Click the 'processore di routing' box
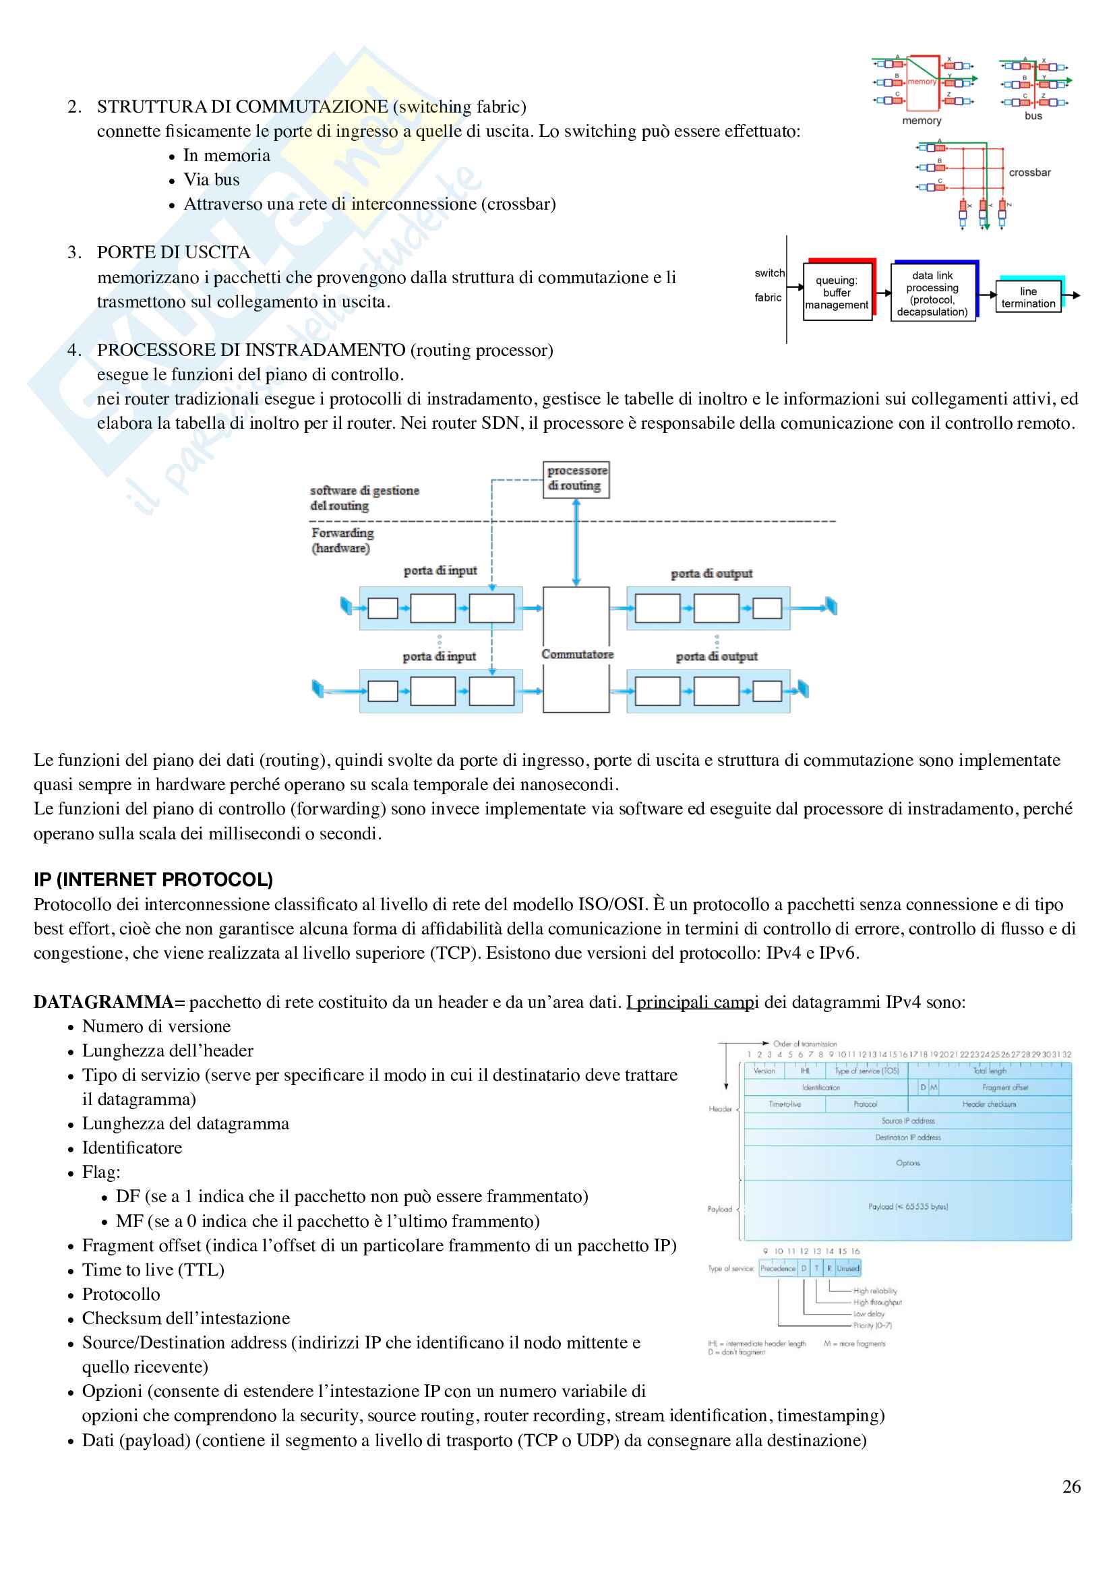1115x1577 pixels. click(x=576, y=479)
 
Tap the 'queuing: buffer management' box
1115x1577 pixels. click(x=837, y=293)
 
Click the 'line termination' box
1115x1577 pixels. click(x=1028, y=297)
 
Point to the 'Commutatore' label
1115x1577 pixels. click(x=577, y=655)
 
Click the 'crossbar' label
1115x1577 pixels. click(x=1029, y=173)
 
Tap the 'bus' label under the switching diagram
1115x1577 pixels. click(x=1033, y=116)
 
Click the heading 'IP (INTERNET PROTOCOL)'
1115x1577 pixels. click(x=153, y=880)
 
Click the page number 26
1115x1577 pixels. click(x=1071, y=1487)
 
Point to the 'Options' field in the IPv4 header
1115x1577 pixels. click(x=907, y=1163)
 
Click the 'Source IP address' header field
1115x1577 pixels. click(x=907, y=1121)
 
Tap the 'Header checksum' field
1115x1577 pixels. click(x=989, y=1104)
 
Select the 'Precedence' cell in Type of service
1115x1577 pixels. click(x=777, y=1269)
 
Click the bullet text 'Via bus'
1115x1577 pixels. click(x=212, y=180)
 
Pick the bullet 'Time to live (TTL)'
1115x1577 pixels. click(x=153, y=1270)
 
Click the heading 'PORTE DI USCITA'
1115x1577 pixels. click(x=174, y=253)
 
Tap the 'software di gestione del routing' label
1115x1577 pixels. click(x=364, y=498)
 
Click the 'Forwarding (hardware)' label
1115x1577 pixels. click(x=342, y=541)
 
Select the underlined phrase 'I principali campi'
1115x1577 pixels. click(x=692, y=1002)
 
